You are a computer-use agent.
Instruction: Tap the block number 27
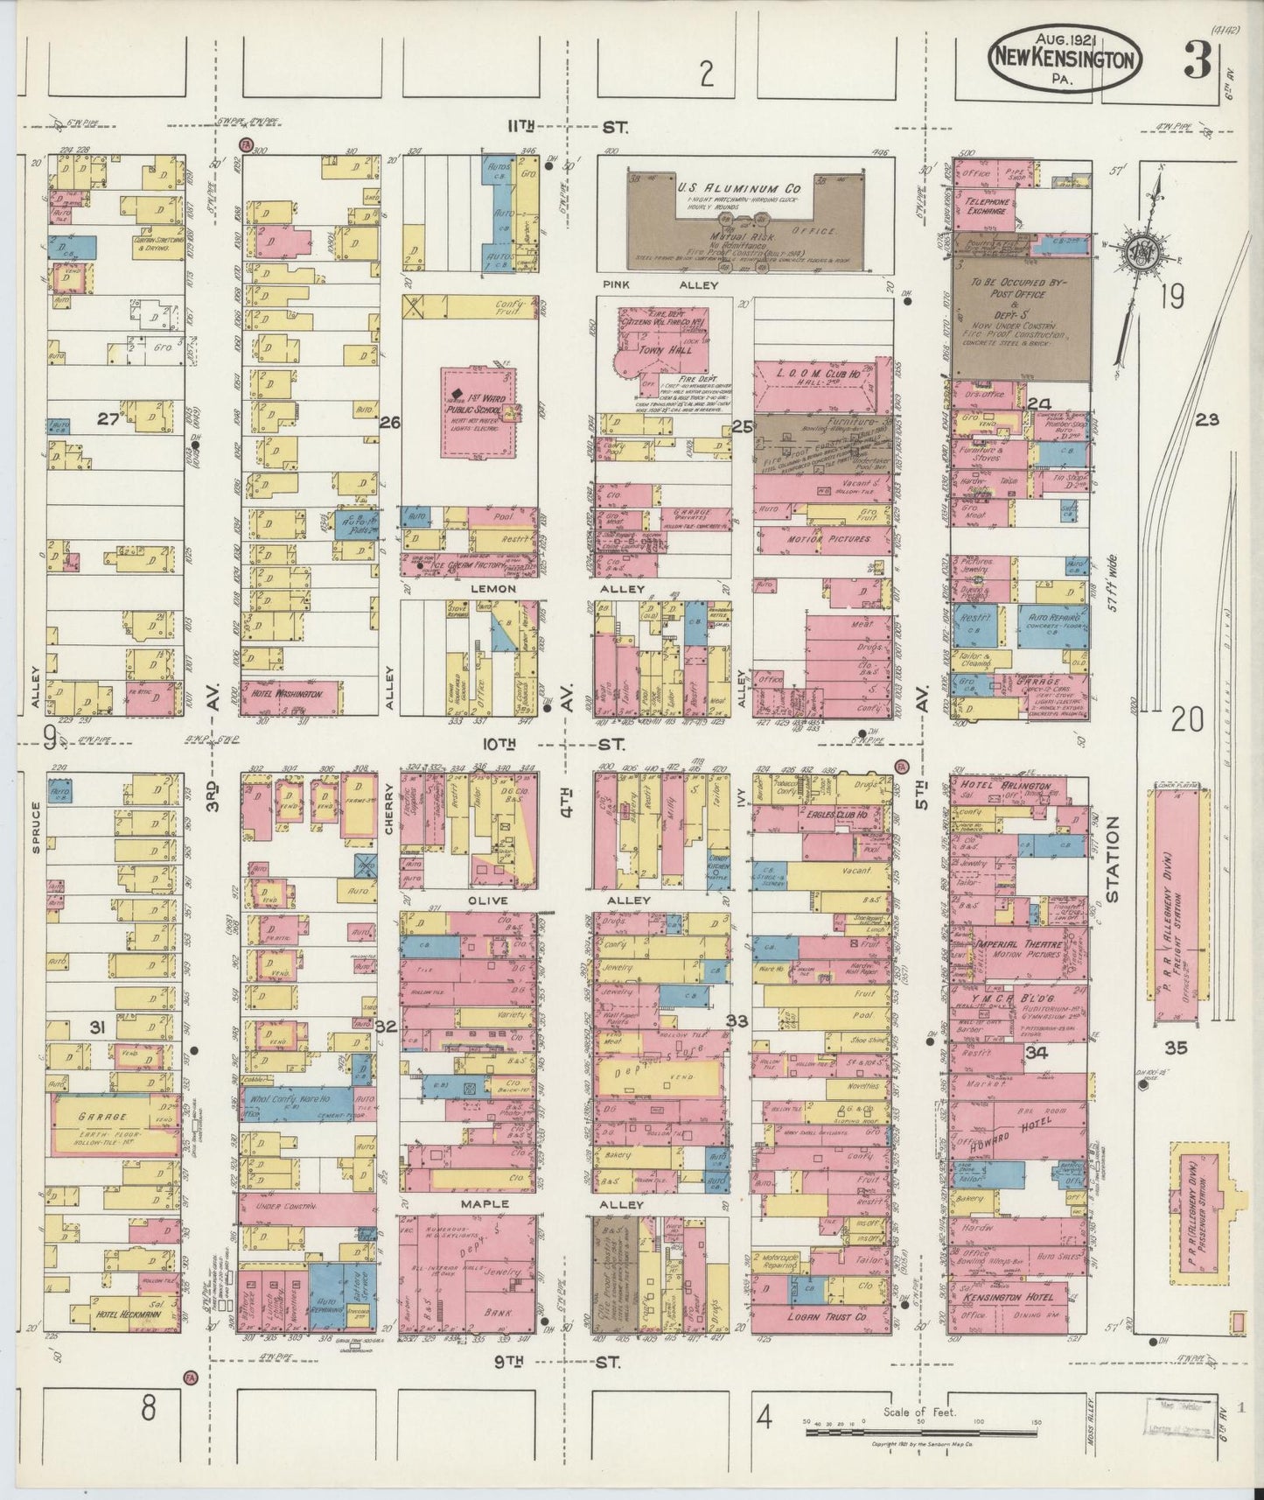[x=108, y=420]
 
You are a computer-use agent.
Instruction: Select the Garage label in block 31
[x=103, y=1118]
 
